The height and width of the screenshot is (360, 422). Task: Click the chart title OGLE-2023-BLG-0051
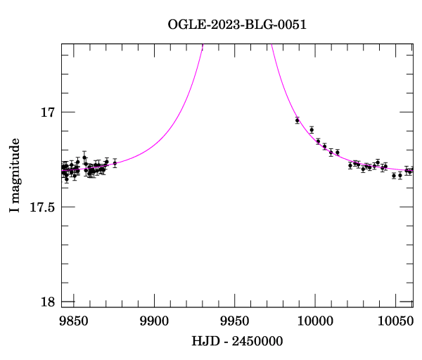(x=237, y=25)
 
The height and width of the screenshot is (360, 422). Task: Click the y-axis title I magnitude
(x=14, y=175)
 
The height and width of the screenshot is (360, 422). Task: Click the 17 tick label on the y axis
(x=48, y=112)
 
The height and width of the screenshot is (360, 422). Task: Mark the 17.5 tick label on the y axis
(x=43, y=207)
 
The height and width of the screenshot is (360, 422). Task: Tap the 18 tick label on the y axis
(x=48, y=302)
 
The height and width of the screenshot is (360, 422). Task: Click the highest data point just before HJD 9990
(x=298, y=120)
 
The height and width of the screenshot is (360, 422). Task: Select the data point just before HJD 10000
(x=312, y=130)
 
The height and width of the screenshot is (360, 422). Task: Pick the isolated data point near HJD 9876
(x=115, y=163)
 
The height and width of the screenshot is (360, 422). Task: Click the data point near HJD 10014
(x=338, y=152)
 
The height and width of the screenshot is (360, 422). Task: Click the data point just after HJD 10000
(x=318, y=141)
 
